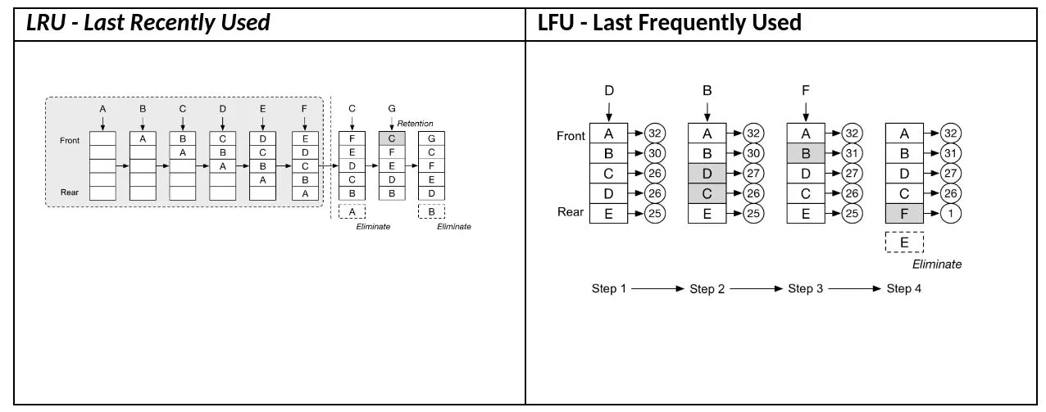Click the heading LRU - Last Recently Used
[148, 23]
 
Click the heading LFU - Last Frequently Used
[670, 23]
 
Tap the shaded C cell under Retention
[392, 138]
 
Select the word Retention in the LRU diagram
[415, 124]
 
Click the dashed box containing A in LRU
[352, 211]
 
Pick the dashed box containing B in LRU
[431, 211]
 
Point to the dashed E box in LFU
[904, 242]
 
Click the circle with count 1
[951, 214]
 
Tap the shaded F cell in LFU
[904, 214]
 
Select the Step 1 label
[609, 289]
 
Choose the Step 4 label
[904, 289]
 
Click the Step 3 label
[806, 289]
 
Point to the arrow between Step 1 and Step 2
[657, 289]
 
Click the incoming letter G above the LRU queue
[392, 109]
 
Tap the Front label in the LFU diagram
[571, 136]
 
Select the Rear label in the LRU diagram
[70, 192]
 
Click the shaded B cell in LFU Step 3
[806, 153]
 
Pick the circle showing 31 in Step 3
[853, 153]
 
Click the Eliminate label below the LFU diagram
[937, 265]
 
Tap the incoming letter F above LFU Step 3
[806, 91]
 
